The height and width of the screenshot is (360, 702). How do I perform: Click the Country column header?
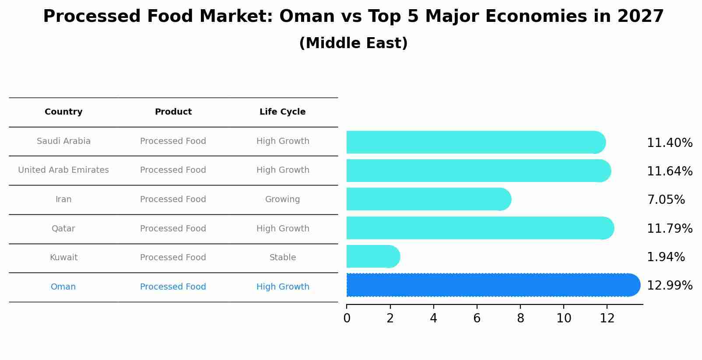tap(63, 112)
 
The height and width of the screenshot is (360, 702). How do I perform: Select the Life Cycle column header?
tap(282, 112)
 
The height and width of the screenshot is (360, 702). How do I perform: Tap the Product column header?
tap(173, 112)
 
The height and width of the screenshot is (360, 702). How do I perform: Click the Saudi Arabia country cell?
tap(63, 141)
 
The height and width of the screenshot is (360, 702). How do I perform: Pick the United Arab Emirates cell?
tap(63, 170)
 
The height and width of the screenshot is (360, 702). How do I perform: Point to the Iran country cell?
tap(63, 199)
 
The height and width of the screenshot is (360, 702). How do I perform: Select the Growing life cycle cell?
tap(282, 199)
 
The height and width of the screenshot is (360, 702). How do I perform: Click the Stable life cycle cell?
tap(282, 258)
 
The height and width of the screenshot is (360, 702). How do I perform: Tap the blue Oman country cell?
tap(63, 287)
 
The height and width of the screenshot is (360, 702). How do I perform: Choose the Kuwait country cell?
tap(63, 258)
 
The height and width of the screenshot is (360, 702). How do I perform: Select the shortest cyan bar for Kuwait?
tap(372, 256)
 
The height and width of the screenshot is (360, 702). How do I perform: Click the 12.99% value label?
tap(669, 286)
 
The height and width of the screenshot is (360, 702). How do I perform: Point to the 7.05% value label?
tap(665, 200)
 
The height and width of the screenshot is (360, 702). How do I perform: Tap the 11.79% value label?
tap(669, 229)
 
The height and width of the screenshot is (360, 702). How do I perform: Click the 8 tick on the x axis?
tap(520, 318)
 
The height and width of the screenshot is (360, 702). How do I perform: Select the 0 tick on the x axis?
tap(347, 318)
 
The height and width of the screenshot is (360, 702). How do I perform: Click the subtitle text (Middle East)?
tap(353, 43)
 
